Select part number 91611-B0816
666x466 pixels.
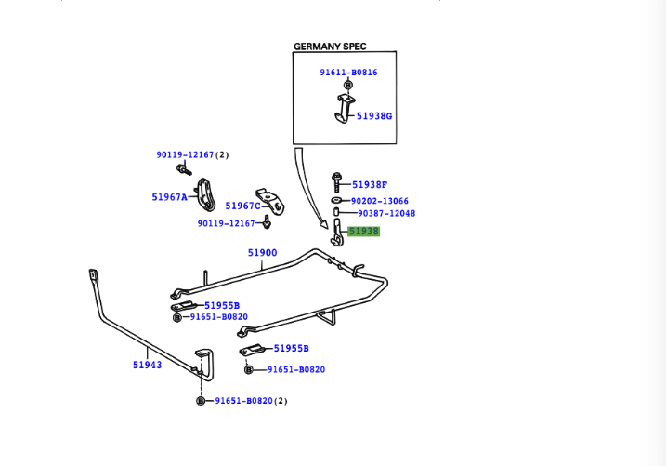click(349, 72)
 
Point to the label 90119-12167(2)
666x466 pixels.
click(191, 154)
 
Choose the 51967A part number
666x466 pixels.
click(170, 197)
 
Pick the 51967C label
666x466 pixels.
click(242, 206)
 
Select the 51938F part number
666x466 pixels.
click(370, 184)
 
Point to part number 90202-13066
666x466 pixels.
click(380, 200)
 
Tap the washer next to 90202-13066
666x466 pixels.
click(334, 200)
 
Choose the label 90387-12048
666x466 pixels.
click(386, 213)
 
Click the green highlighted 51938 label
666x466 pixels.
click(363, 231)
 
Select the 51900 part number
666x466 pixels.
click(262, 252)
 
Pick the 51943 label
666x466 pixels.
click(147, 365)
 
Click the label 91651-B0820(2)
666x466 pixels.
click(252, 401)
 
